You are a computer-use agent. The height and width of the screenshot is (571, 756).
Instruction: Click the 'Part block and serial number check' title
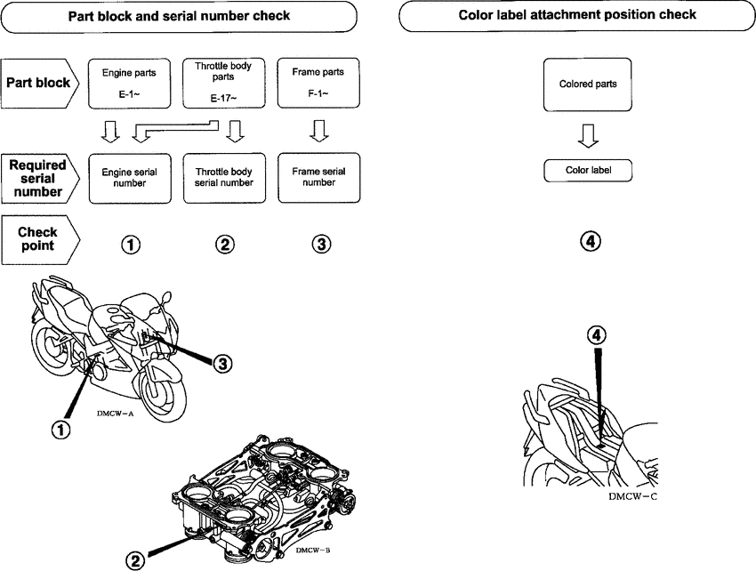[180, 16]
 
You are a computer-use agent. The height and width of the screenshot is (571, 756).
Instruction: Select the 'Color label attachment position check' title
[576, 15]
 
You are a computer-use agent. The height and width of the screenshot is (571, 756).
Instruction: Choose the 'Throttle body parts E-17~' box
[223, 83]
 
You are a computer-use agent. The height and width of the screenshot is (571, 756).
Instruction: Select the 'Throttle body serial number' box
[223, 176]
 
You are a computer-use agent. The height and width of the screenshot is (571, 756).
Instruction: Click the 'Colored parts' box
[587, 84]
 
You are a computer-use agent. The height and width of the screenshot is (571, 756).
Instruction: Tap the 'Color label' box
[587, 171]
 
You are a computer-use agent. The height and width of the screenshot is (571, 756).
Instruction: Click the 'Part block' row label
[40, 83]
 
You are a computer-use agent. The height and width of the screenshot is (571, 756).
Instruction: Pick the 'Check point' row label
[40, 239]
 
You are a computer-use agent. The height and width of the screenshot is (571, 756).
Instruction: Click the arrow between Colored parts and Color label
[587, 133]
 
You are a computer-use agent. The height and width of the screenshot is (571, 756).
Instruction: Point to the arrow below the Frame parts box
[319, 132]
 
